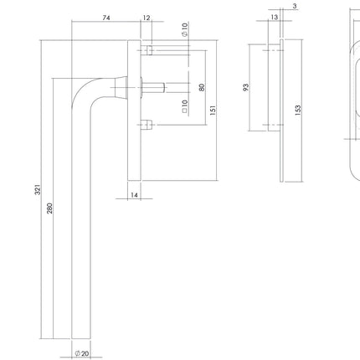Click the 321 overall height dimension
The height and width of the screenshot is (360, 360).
tap(37, 191)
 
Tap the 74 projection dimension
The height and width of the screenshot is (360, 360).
tap(105, 17)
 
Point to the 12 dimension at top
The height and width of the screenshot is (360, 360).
tap(147, 17)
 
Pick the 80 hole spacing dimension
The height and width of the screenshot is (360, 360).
tap(202, 86)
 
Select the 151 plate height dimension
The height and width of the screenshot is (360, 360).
tap(213, 109)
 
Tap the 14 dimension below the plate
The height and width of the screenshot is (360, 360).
tap(134, 194)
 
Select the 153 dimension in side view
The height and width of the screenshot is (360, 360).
tap(298, 109)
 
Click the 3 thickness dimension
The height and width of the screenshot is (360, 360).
tap(296, 8)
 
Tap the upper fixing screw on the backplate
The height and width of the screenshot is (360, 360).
tap(148, 52)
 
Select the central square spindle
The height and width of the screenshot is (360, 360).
tap(155, 86)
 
